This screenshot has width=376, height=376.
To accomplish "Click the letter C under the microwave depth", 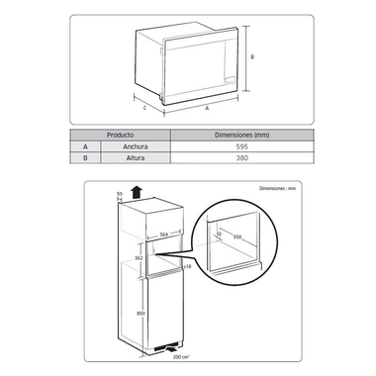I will point(145,107).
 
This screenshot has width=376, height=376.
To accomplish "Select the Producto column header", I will point(120,134).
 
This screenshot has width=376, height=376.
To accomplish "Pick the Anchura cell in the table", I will point(120,145).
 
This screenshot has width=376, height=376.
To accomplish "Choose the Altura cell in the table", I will point(120,157).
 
